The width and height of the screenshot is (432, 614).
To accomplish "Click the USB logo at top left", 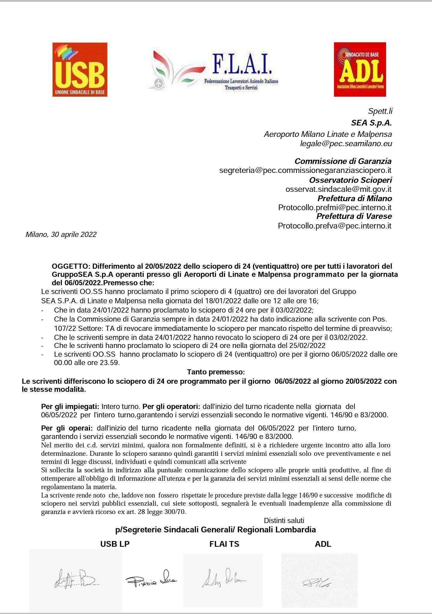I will click(80, 69).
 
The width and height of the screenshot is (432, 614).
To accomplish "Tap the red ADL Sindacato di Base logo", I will click(360, 69).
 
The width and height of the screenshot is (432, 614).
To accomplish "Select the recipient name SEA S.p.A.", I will click(371, 123).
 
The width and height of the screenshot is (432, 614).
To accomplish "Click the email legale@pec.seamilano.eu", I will click(346, 144).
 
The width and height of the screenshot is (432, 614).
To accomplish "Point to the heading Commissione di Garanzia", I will click(343, 161).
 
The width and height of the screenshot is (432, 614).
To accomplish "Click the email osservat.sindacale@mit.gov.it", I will click(338, 189).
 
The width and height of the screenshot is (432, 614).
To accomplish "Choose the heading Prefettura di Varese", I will click(354, 216).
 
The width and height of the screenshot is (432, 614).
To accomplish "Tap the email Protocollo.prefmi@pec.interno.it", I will click(335, 207).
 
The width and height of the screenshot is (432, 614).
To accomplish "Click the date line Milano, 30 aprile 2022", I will click(61, 234).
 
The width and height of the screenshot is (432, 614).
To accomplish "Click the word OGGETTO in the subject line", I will click(71, 266).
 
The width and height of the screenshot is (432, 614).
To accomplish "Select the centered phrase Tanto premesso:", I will click(216, 372).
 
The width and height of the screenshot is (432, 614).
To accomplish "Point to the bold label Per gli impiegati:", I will click(70, 407).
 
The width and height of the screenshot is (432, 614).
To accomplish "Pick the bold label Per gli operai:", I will click(67, 428).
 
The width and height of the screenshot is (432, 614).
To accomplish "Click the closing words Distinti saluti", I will click(284, 521).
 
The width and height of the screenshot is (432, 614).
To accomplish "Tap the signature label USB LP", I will click(115, 544).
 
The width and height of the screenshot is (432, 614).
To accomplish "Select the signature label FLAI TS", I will click(224, 544).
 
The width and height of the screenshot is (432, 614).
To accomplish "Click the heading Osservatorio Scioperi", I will click(350, 180).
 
